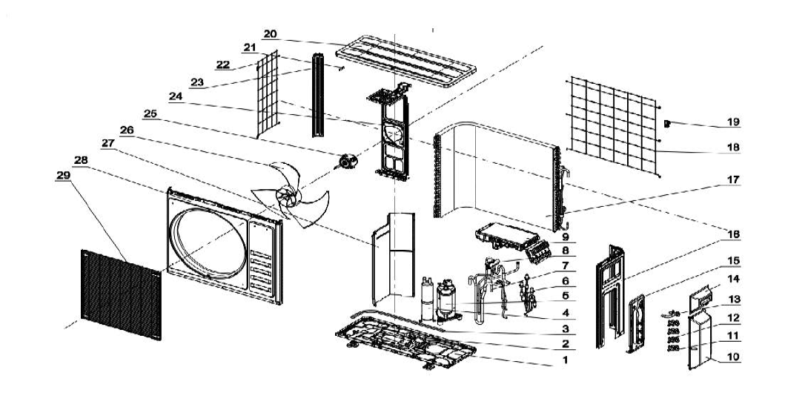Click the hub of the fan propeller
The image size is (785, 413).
pos(285,194)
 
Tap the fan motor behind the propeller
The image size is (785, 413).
pos(347,162)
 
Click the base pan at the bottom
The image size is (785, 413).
pos(404,348)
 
